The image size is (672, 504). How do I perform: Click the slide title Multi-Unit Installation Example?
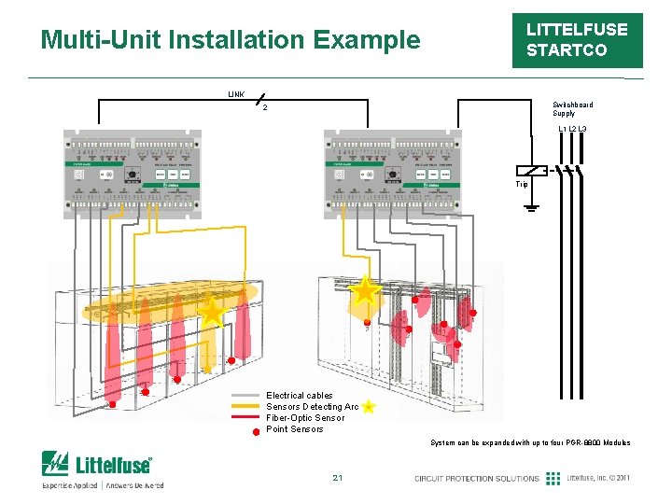click(x=231, y=40)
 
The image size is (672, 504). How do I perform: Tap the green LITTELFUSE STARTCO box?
click(x=577, y=40)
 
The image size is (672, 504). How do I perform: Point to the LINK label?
click(x=237, y=94)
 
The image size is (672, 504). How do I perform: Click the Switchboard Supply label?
click(x=571, y=109)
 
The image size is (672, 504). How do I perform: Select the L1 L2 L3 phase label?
click(x=571, y=128)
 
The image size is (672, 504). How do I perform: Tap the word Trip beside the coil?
click(x=523, y=185)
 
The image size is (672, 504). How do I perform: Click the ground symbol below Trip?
click(x=531, y=207)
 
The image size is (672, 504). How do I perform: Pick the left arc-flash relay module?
click(x=132, y=175)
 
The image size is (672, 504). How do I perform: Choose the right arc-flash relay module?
click(x=392, y=175)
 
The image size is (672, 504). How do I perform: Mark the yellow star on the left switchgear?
click(x=213, y=312)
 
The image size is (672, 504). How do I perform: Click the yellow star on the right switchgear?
click(x=364, y=289)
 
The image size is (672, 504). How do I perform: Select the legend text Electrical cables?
click(x=299, y=396)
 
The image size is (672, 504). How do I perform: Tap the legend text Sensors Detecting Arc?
click(x=312, y=407)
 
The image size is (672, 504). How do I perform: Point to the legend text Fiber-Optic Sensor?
click(x=305, y=418)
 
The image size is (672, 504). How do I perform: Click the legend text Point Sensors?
click(x=294, y=429)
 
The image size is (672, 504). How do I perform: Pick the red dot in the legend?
click(x=255, y=431)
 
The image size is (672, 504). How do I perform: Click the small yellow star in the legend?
click(x=370, y=407)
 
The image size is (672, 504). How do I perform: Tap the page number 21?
click(x=337, y=479)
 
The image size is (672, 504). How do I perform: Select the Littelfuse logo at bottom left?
click(x=97, y=464)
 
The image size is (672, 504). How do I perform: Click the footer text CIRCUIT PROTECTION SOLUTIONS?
click(x=477, y=479)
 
